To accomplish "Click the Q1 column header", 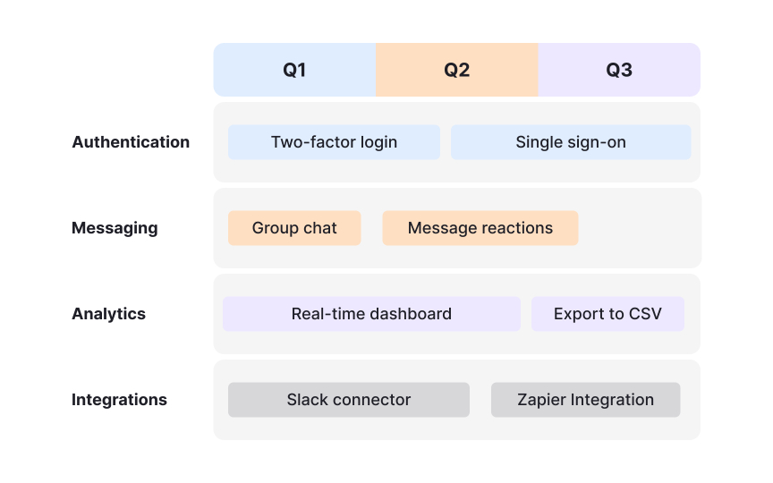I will [x=294, y=70].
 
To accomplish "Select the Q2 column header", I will [x=456, y=70].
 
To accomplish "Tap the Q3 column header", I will [x=619, y=70].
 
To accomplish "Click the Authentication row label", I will [x=131, y=142].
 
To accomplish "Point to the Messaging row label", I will [x=115, y=228].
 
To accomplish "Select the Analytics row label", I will [x=108, y=314].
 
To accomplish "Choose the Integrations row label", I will [x=119, y=400].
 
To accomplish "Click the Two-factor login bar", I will [x=334, y=142].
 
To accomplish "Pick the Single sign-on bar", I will [x=571, y=142].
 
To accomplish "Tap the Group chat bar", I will [x=294, y=228].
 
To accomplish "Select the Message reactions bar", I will [x=480, y=228].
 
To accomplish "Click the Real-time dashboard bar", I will [x=371, y=314].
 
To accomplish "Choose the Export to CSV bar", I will [x=607, y=314].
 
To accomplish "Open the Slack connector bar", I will [x=349, y=400].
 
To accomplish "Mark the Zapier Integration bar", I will [x=585, y=400].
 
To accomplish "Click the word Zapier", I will [x=539, y=400].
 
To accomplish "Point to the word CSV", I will [x=644, y=314].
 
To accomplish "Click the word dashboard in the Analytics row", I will [x=411, y=314].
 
